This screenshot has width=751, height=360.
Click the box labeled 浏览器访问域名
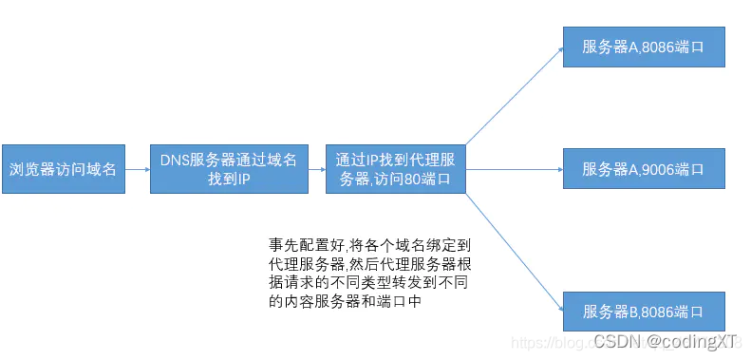[64, 170]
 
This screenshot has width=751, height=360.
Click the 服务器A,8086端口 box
[645, 45]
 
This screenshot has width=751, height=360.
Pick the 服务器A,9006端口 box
[645, 170]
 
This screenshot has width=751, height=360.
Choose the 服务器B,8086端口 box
[645, 312]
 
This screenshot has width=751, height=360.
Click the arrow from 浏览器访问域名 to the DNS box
[138, 170]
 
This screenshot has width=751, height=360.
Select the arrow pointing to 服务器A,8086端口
[513, 95]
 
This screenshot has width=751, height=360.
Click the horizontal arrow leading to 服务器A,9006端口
[513, 170]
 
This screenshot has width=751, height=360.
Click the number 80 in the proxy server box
[413, 180]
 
